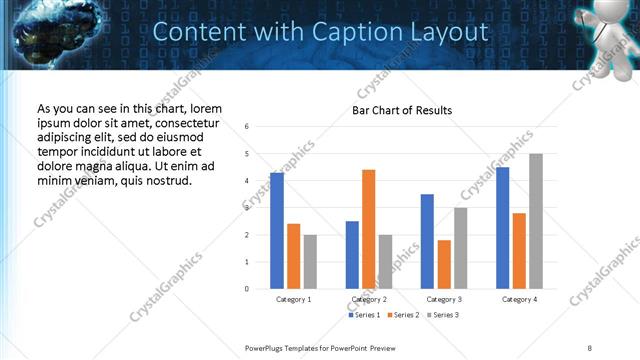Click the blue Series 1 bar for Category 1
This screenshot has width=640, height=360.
[277, 231]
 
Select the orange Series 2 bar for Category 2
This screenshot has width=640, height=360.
[368, 229]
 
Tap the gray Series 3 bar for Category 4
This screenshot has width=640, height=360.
[536, 221]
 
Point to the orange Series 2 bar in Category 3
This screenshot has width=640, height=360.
[444, 264]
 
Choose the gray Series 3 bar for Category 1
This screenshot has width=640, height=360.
[310, 262]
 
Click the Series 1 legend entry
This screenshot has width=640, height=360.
[365, 315]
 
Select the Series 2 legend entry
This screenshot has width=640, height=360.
[403, 315]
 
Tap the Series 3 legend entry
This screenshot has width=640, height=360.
[441, 315]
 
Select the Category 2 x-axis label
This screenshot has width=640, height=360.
[369, 299]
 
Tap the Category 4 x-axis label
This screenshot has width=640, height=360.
[519, 299]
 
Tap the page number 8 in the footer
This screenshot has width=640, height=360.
[590, 347]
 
